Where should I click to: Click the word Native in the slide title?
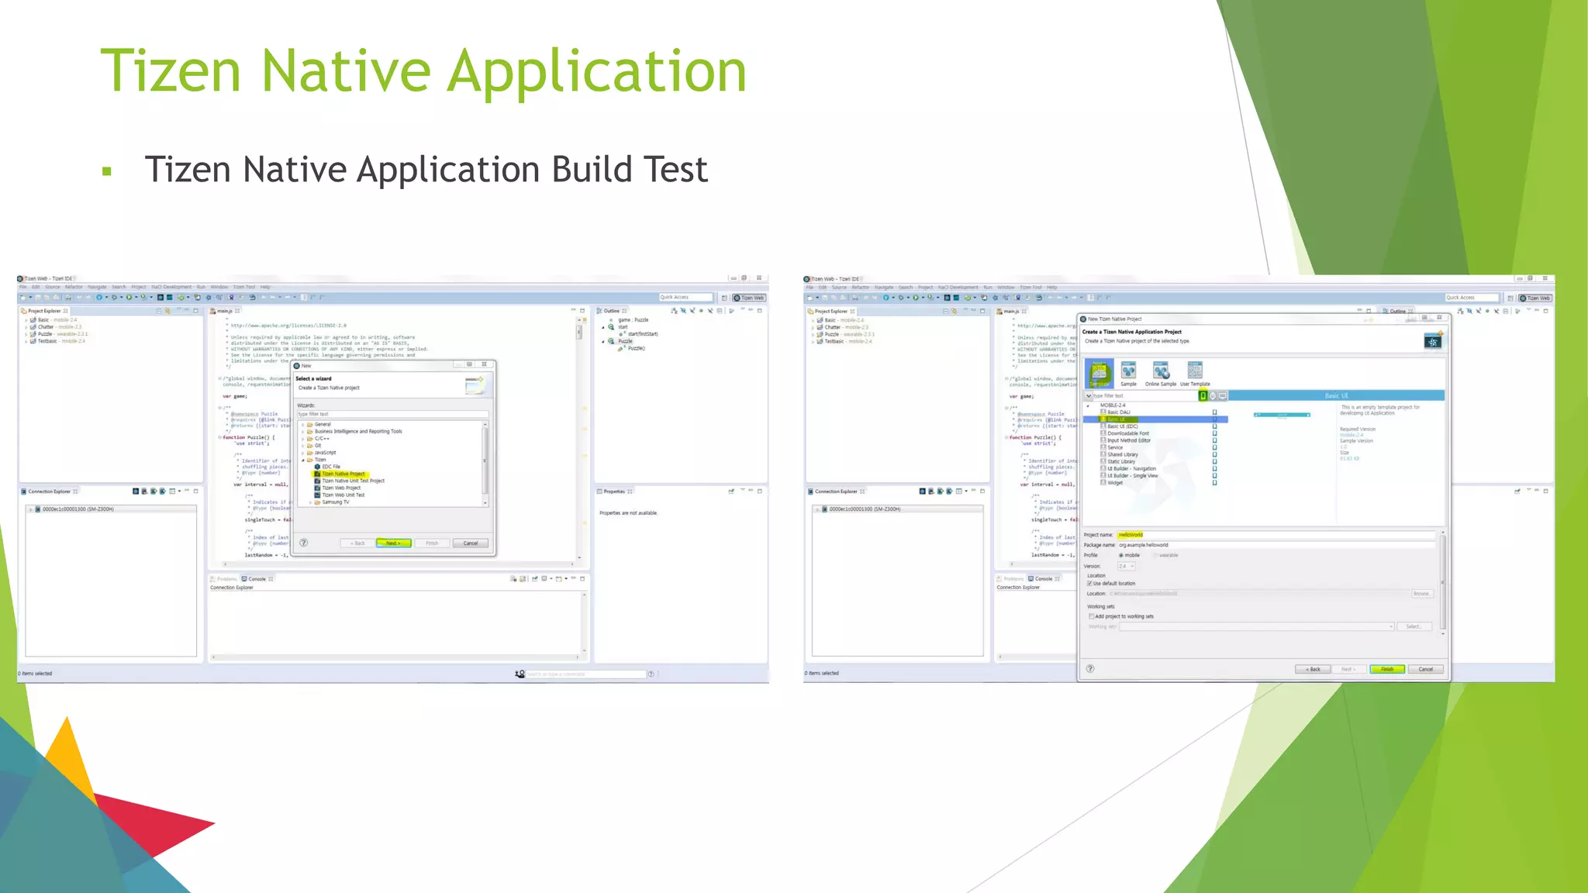click(x=345, y=71)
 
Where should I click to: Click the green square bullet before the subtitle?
click(x=107, y=171)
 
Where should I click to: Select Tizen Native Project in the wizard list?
click(x=343, y=474)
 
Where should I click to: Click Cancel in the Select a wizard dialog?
click(x=470, y=543)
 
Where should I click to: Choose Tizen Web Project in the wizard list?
click(x=341, y=488)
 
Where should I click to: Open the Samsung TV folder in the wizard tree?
click(x=335, y=502)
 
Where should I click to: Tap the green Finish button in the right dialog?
click(x=1386, y=669)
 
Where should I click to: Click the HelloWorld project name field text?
click(x=1131, y=535)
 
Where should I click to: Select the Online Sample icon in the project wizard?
click(x=1160, y=373)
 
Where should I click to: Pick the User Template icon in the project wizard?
click(x=1195, y=373)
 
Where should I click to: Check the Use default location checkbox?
click(x=1090, y=584)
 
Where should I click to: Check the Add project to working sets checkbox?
click(x=1092, y=617)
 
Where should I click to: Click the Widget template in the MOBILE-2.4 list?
click(x=1115, y=483)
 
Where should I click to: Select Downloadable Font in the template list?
click(x=1127, y=433)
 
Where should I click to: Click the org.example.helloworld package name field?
click(x=1144, y=545)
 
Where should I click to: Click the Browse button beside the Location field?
click(x=1421, y=594)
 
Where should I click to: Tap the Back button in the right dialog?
click(x=1313, y=669)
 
